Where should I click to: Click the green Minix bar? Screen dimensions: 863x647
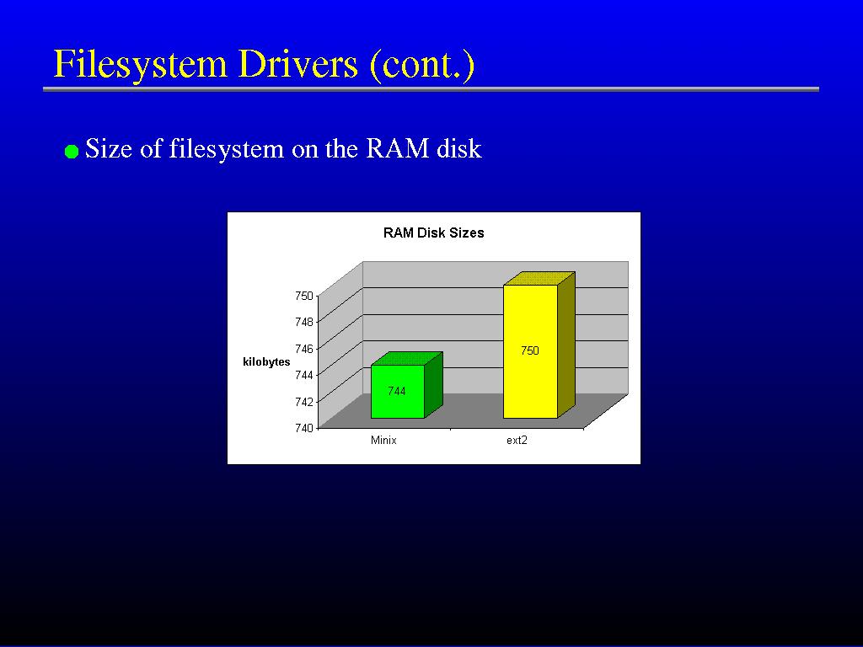406,386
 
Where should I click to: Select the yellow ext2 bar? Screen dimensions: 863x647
539,345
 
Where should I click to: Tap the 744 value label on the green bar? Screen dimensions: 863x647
397,391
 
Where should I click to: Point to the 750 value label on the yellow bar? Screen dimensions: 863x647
530,350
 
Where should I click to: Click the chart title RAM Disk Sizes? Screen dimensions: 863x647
434,233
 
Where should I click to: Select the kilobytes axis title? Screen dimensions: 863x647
266,362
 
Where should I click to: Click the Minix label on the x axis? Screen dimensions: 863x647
383,440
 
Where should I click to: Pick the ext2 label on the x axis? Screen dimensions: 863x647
517,440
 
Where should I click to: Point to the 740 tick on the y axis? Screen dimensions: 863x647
303,428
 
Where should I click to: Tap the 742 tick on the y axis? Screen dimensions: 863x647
303,402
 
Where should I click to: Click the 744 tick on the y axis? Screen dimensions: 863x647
303,375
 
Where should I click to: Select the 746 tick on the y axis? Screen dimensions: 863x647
303,348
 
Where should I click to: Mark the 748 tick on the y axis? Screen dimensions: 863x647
303,321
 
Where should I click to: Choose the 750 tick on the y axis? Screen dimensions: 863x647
303,296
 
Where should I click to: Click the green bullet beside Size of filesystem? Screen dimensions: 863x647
72,152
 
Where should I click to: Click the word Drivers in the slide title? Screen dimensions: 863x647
298,64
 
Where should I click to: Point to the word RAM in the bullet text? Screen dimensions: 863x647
398,148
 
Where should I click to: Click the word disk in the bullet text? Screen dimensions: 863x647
459,148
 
